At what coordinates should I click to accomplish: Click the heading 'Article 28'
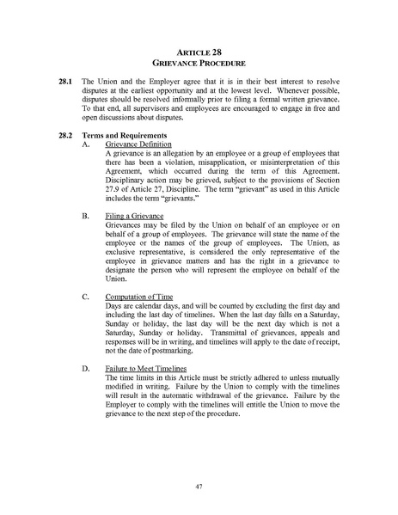pos(199,52)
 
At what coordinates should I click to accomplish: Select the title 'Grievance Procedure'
pos(199,64)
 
